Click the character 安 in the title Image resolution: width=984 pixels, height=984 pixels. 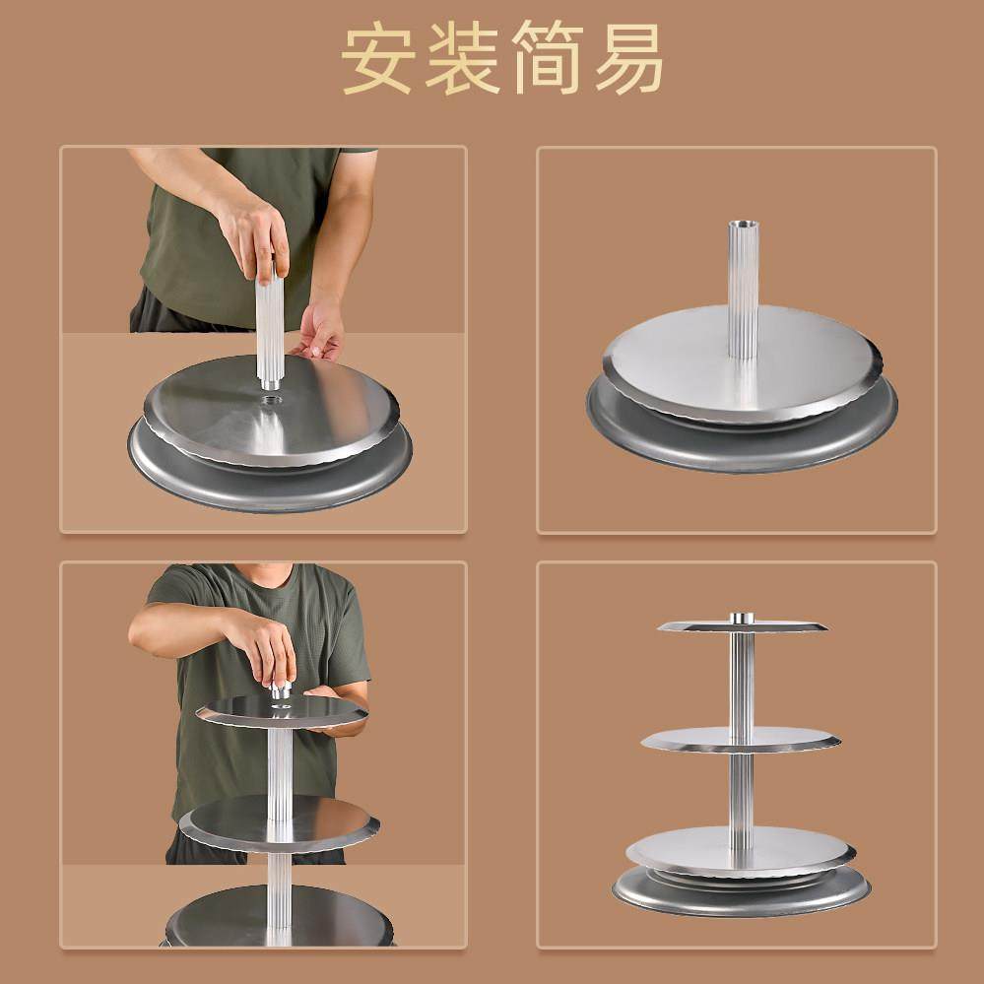[376, 60]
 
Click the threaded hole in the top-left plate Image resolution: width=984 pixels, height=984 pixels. [271, 400]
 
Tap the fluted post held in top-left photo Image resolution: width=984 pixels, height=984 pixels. [269, 330]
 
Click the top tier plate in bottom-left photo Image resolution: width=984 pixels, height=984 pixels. [236, 711]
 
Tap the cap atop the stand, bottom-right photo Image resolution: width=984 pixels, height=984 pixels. [742, 618]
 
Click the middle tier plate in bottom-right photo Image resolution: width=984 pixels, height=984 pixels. [689, 740]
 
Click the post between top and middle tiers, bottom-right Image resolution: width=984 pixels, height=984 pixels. [742, 680]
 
